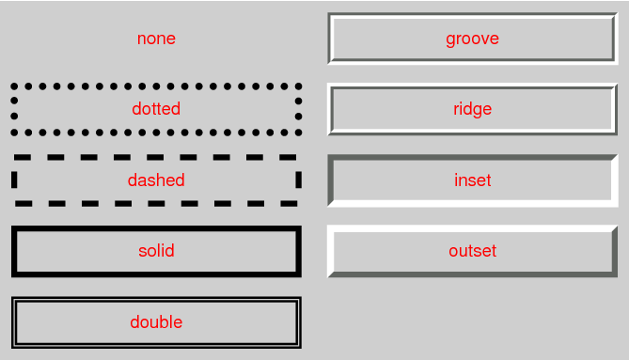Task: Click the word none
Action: [156, 39]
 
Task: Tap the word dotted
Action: [156, 109]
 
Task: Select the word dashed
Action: [156, 180]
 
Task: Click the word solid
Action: [156, 251]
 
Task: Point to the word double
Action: [156, 322]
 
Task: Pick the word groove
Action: [472, 39]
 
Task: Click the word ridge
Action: [472, 109]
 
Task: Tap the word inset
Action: [472, 180]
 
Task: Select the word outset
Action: [472, 251]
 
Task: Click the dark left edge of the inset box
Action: [331, 180]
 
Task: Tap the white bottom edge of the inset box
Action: [472, 202]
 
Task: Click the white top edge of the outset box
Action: [472, 228]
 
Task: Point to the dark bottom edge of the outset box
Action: [472, 274]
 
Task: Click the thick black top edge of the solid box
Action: [156, 228]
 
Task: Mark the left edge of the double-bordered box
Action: [14, 322]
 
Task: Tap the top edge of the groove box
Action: [472, 16]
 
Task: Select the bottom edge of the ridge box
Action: [472, 132]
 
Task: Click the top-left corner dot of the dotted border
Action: [15, 86]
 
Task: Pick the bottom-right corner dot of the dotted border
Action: [298, 132]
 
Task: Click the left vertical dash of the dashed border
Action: [15, 180]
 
